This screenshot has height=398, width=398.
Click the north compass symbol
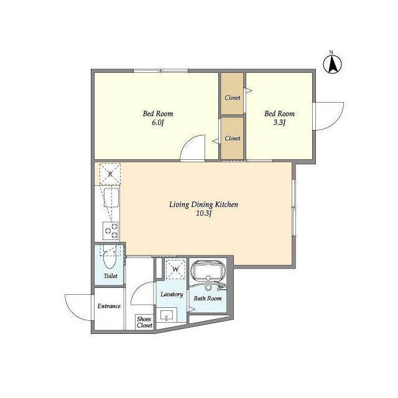pyautogui.click(x=332, y=63)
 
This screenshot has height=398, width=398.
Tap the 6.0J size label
pyautogui.click(x=158, y=123)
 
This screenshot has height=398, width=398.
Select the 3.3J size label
pyautogui.click(x=279, y=123)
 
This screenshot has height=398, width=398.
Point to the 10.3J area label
pyautogui.click(x=204, y=213)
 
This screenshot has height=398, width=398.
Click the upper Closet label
pyautogui.click(x=233, y=98)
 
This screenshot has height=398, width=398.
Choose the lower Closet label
pyautogui.click(x=233, y=138)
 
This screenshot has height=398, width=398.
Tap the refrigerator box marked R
pyautogui.click(x=110, y=174)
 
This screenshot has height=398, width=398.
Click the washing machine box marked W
pyautogui.click(x=175, y=269)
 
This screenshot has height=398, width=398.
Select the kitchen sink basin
pyautogui.click(x=111, y=198)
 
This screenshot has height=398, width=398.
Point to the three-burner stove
pyautogui.click(x=111, y=231)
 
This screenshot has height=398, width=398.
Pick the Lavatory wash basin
pyautogui.click(x=166, y=315)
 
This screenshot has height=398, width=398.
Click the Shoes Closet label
pyautogui.click(x=144, y=322)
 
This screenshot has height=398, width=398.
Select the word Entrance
pyautogui.click(x=109, y=306)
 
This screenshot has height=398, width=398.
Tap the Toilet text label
pyautogui.click(x=111, y=275)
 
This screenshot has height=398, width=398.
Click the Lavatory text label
pyautogui.click(x=172, y=294)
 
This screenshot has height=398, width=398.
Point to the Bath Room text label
pyautogui.click(x=208, y=298)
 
